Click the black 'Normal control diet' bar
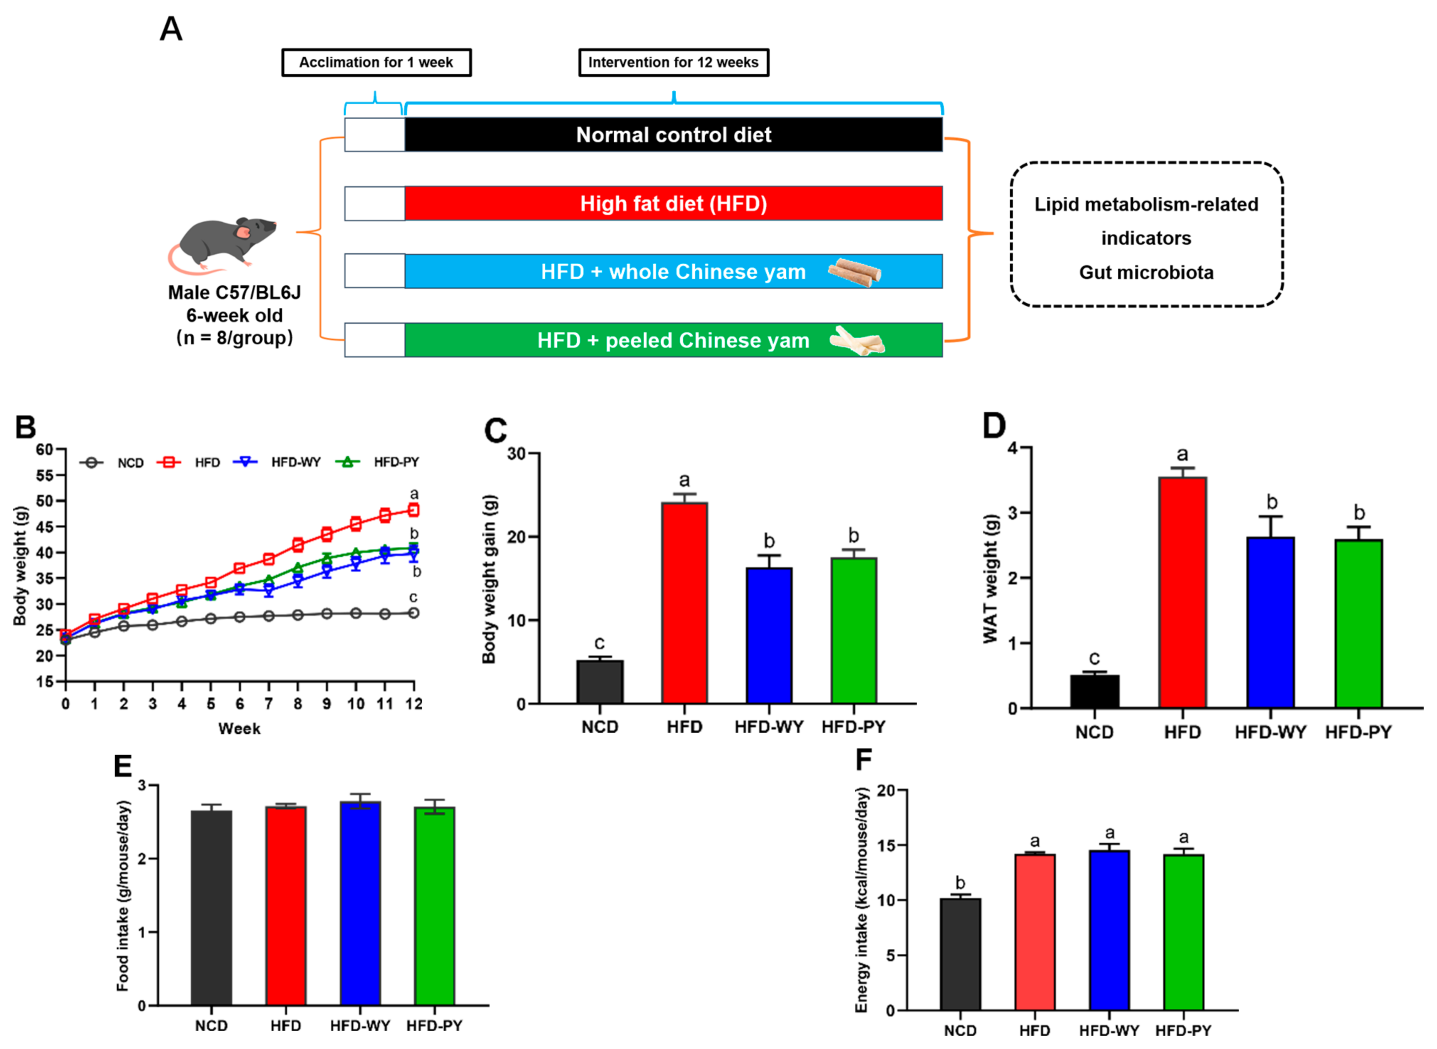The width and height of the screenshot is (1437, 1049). click(673, 134)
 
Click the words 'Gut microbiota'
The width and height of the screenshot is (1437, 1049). click(1146, 272)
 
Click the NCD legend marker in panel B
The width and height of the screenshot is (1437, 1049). click(92, 463)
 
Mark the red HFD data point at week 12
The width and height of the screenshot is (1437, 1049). click(413, 510)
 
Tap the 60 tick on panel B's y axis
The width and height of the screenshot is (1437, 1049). click(44, 450)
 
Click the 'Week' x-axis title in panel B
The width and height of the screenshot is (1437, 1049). click(239, 729)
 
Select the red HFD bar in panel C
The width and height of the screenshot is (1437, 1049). click(684, 603)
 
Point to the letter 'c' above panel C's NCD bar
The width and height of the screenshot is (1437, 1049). click(599, 643)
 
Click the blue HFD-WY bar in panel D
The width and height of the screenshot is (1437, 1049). click(1270, 622)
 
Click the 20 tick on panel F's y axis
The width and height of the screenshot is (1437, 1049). click(886, 790)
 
